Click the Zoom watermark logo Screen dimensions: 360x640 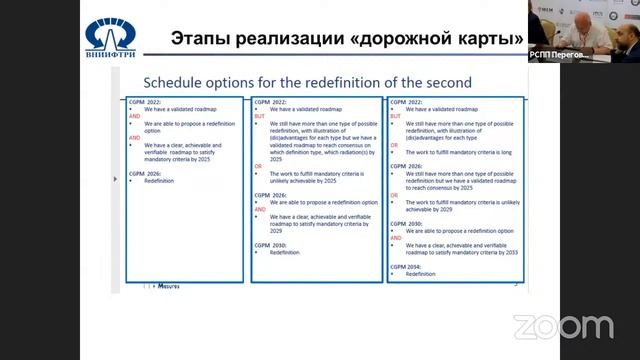point(563,326)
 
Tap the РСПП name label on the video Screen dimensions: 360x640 point(556,57)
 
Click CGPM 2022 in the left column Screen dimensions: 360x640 point(145,102)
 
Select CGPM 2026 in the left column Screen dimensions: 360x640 point(145,173)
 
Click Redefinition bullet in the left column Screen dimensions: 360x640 point(159,181)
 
